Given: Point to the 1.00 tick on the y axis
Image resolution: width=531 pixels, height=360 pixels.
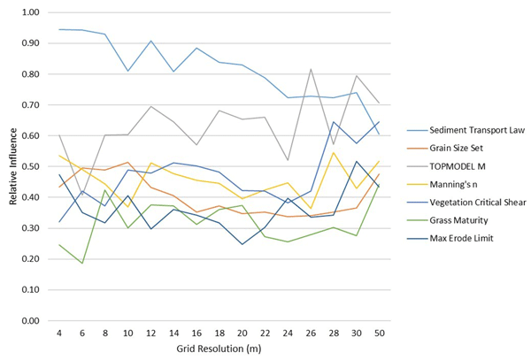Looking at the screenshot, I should click(x=31, y=12).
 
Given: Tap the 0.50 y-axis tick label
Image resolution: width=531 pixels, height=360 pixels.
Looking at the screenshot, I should click(x=31, y=166).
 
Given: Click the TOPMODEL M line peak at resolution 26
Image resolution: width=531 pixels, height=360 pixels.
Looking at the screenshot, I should click(x=311, y=69).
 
